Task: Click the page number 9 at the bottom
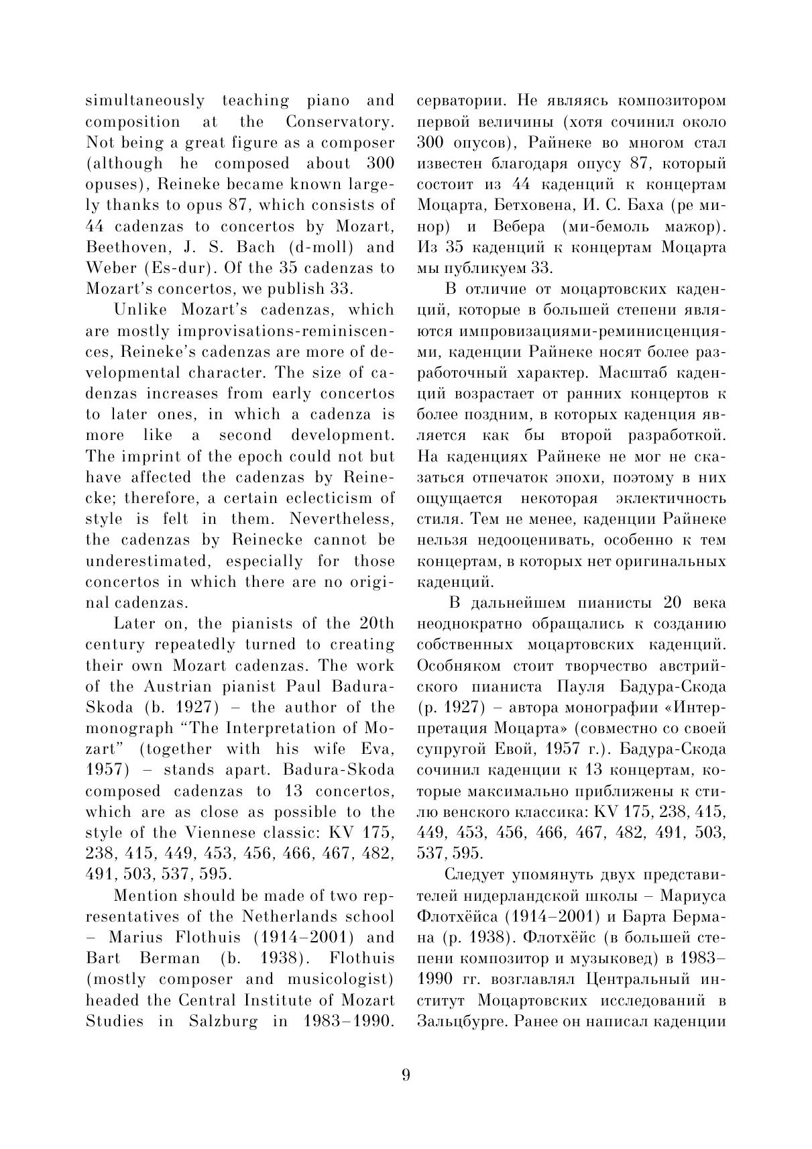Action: [406, 1075]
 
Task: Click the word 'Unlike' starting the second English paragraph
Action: [142, 310]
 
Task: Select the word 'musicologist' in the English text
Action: [339, 979]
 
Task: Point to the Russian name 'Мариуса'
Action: [695, 895]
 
